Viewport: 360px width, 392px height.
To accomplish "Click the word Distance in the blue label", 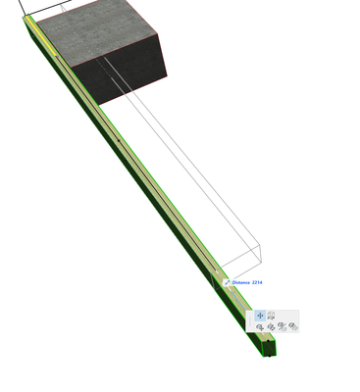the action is pyautogui.click(x=241, y=282).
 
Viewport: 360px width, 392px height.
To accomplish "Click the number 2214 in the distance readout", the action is pyautogui.click(x=257, y=282).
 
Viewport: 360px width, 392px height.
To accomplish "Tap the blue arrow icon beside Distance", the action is pyautogui.click(x=228, y=282).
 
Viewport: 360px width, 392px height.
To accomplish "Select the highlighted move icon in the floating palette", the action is pyautogui.click(x=260, y=316).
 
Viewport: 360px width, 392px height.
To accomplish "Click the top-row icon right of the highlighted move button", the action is pyautogui.click(x=271, y=316).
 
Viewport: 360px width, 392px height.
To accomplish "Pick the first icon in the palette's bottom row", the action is pyautogui.click(x=260, y=326).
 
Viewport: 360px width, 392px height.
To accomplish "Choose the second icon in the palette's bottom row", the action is pyautogui.click(x=271, y=326).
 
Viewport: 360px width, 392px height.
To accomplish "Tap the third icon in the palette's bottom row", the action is pyautogui.click(x=282, y=326).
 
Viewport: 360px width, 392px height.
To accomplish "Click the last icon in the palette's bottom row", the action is pyautogui.click(x=293, y=326).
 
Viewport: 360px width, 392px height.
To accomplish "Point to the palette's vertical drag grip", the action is pyautogui.click(x=250, y=321).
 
